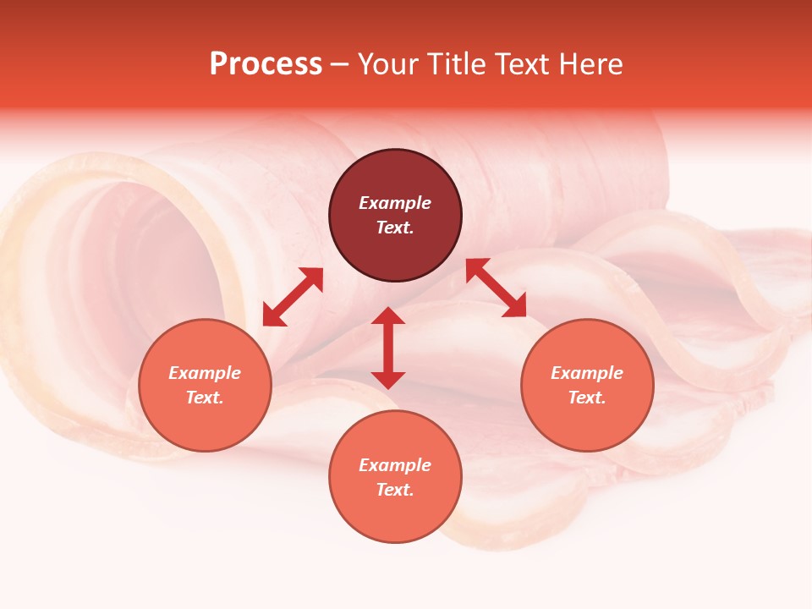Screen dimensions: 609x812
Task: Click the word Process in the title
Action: click(x=266, y=64)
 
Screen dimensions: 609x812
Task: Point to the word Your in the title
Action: click(x=384, y=64)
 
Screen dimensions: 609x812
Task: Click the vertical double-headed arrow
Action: click(x=388, y=348)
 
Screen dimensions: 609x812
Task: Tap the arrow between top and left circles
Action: click(x=293, y=297)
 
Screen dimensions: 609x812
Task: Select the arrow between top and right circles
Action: click(x=496, y=288)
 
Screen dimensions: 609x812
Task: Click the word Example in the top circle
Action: click(x=395, y=203)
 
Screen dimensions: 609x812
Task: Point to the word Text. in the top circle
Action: click(x=395, y=228)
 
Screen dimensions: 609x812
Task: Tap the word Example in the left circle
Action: click(x=205, y=373)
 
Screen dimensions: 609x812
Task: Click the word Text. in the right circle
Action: click(x=587, y=398)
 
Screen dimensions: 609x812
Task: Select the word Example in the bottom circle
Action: click(x=395, y=465)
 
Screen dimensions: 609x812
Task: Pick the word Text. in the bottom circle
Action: click(x=395, y=490)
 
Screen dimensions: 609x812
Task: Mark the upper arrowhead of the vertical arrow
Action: click(x=388, y=316)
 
